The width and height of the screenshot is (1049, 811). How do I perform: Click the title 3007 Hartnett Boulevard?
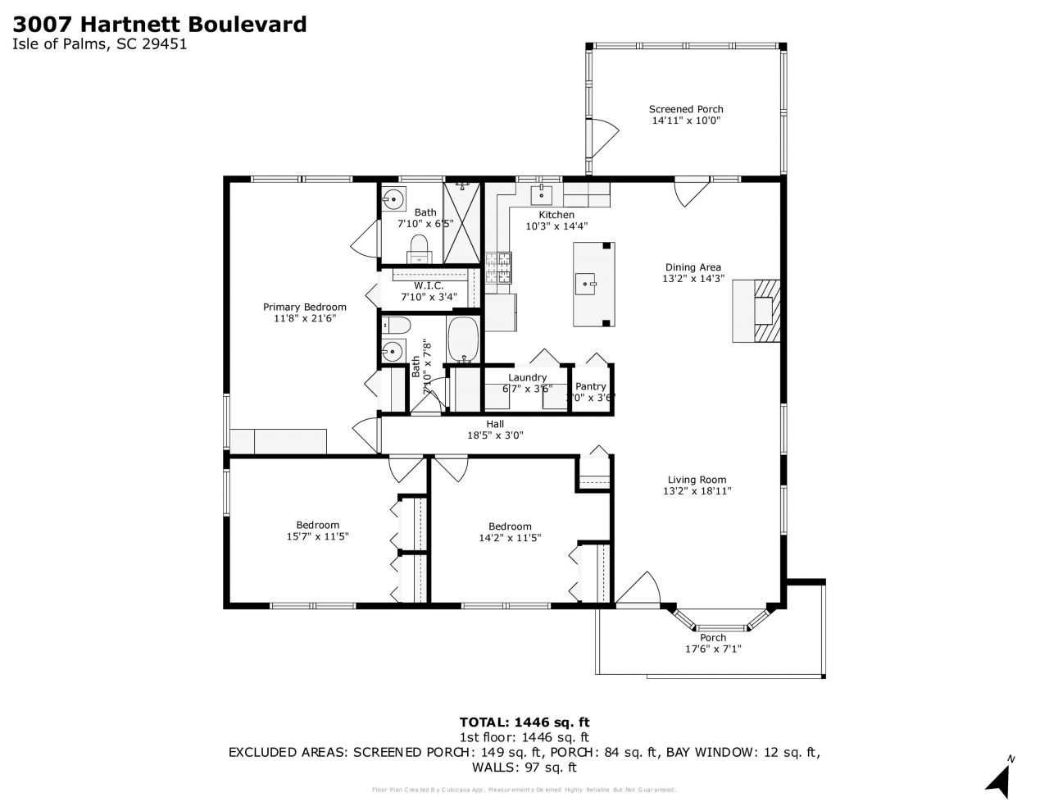tap(160, 24)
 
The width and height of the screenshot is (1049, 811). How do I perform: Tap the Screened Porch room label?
tap(686, 109)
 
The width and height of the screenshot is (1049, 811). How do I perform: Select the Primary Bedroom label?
tap(304, 307)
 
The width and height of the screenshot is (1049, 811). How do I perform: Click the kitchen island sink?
tap(588, 285)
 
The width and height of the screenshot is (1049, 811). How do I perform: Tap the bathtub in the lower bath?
tap(465, 339)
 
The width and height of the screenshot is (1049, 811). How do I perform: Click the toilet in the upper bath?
tap(419, 247)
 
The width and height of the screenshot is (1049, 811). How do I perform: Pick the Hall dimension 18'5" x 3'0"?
tap(494, 435)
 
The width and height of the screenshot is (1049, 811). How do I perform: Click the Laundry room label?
tap(527, 377)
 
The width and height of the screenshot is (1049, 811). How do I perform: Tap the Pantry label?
tap(590, 386)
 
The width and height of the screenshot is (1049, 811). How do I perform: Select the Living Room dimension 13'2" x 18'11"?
tap(697, 491)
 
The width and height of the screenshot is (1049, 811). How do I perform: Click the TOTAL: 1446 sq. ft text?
tap(524, 722)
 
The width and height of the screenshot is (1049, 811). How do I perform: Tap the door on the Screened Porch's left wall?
tap(601, 137)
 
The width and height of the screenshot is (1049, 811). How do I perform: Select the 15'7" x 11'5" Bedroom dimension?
tap(317, 537)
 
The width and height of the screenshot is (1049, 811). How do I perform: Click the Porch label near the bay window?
tap(713, 637)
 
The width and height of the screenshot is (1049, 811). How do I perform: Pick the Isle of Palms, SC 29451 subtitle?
tap(100, 45)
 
